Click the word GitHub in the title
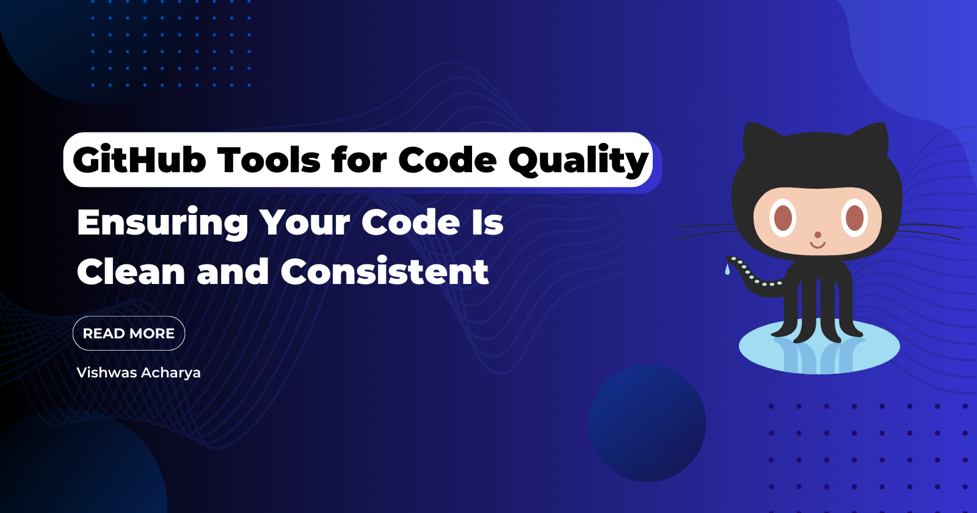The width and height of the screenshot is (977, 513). [139, 159]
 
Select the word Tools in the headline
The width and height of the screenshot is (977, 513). [269, 159]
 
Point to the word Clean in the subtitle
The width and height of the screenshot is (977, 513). [131, 271]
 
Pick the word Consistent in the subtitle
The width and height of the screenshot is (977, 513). [384, 271]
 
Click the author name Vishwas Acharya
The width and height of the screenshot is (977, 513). [139, 373]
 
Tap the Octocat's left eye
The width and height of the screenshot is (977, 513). [783, 217]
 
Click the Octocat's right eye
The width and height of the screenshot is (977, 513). [854, 217]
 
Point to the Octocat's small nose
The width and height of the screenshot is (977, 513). [818, 235]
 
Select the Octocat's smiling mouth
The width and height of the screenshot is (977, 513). [818, 245]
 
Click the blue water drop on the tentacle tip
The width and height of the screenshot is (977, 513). [727, 269]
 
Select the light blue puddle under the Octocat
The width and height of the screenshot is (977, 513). [819, 347]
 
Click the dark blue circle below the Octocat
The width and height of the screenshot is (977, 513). [647, 423]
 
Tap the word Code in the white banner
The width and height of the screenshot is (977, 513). [448, 159]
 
